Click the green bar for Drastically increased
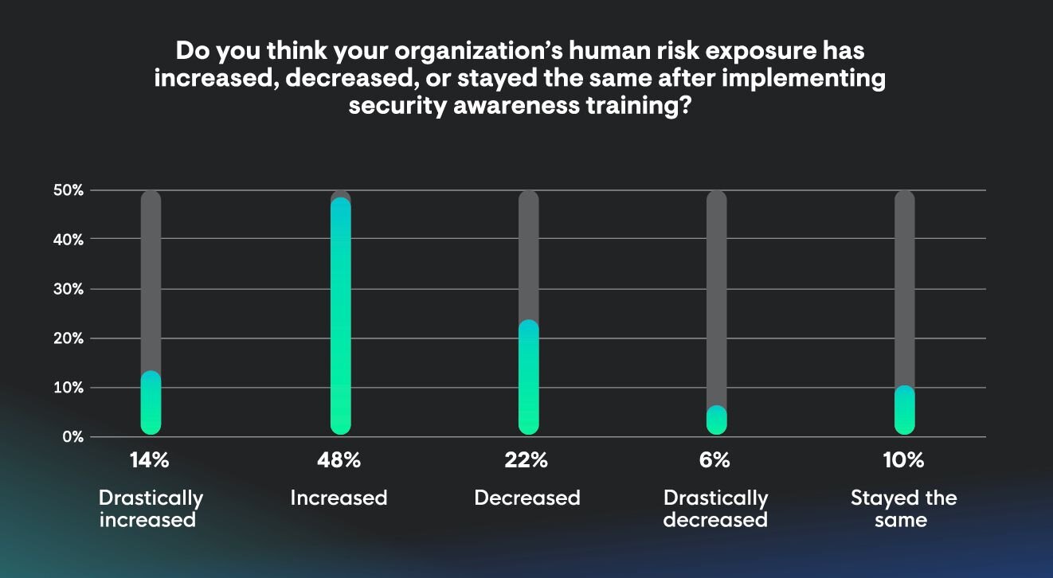(x=151, y=404)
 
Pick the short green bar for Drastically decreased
(x=717, y=420)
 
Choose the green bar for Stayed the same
(x=905, y=411)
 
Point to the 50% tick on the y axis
(x=69, y=190)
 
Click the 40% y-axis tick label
(x=69, y=240)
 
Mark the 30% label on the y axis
(x=69, y=289)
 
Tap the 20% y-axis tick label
(x=69, y=338)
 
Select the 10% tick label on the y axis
(x=69, y=388)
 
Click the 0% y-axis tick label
(x=72, y=437)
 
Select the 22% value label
(x=526, y=460)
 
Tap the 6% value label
(x=715, y=460)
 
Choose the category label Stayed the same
(x=903, y=509)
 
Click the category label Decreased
(x=527, y=498)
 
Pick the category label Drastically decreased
(x=715, y=509)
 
